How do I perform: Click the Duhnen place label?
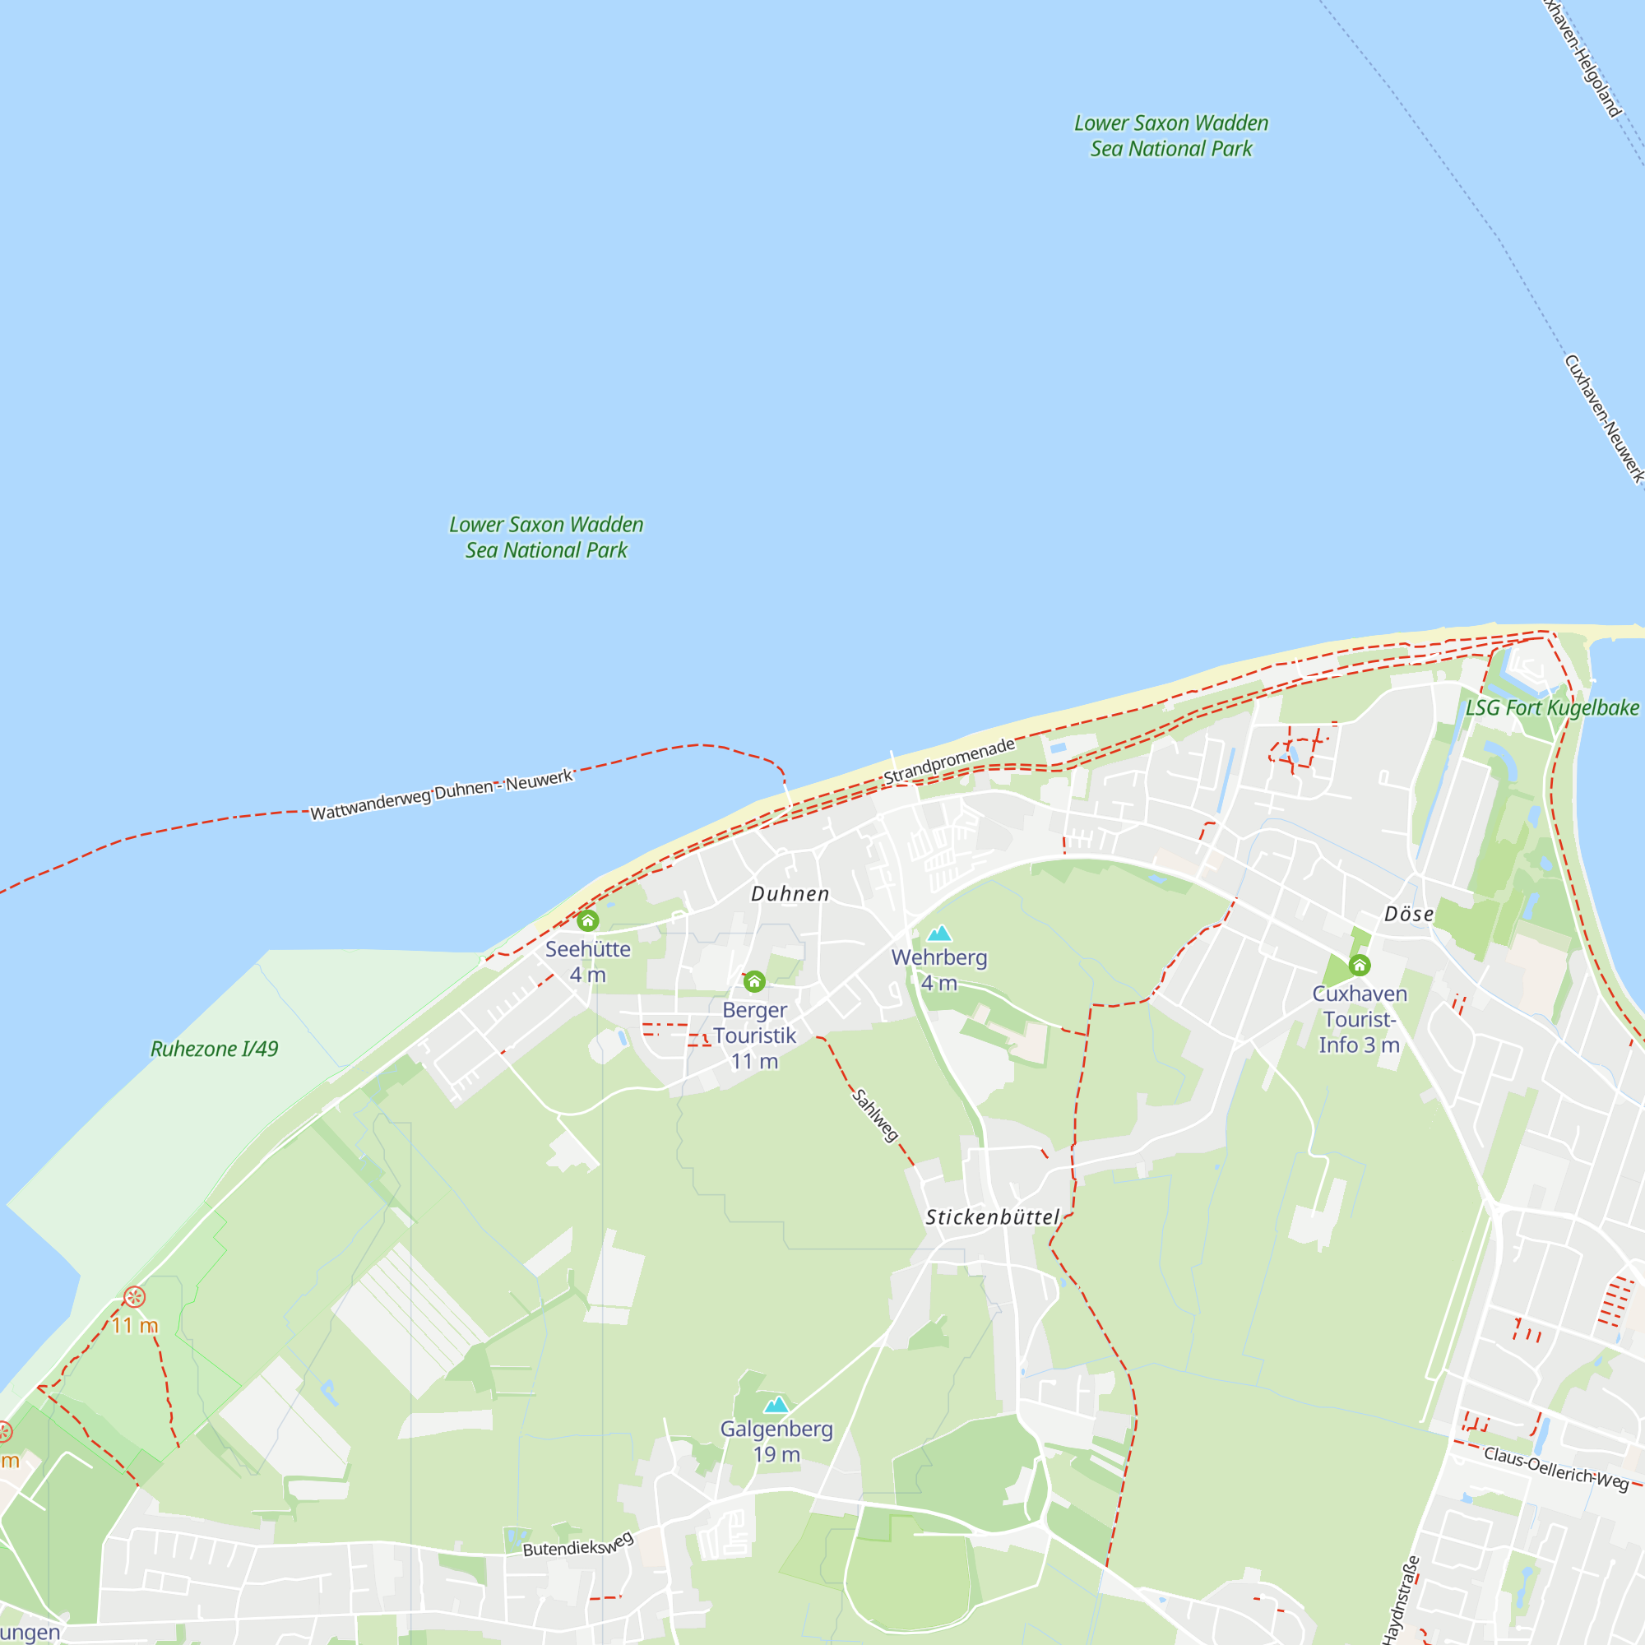[790, 894]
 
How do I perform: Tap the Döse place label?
[1408, 915]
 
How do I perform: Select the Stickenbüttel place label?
[992, 1217]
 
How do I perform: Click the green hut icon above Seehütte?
[587, 921]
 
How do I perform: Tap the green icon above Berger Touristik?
[754, 983]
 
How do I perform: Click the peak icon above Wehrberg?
[939, 934]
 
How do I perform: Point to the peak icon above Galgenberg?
[776, 1405]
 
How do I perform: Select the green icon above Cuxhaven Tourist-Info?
[1360, 966]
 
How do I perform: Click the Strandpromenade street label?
[949, 761]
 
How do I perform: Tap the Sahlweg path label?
[875, 1115]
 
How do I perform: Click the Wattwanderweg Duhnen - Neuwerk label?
[441, 795]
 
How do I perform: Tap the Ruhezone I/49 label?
[215, 1049]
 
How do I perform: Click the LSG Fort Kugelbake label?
[1551, 708]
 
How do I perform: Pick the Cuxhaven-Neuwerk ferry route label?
[1602, 419]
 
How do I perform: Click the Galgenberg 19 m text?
[776, 1442]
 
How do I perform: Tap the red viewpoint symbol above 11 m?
[135, 1298]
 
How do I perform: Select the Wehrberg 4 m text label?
[939, 971]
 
